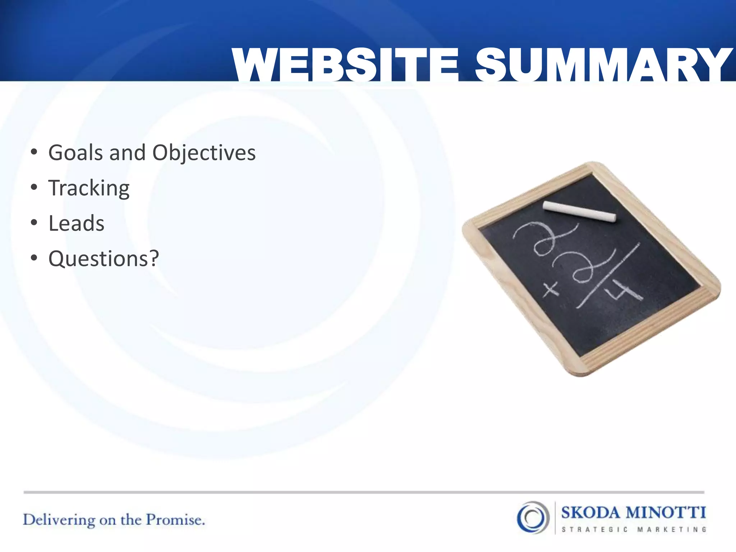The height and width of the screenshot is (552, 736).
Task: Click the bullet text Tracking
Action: tap(89, 188)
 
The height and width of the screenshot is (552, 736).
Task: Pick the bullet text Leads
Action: tap(76, 224)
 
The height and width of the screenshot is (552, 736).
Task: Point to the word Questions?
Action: tap(103, 259)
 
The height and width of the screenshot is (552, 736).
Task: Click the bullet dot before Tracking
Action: tap(34, 187)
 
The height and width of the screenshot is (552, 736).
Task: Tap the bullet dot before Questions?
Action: tap(34, 258)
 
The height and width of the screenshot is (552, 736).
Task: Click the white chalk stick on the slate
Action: tap(579, 212)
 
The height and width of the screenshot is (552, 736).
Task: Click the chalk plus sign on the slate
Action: tap(550, 289)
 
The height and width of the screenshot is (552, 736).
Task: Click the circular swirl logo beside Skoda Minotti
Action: tap(533, 517)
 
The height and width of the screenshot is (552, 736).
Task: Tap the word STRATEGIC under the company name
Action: tap(594, 530)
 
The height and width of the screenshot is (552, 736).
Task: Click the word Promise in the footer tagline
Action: tap(175, 520)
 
